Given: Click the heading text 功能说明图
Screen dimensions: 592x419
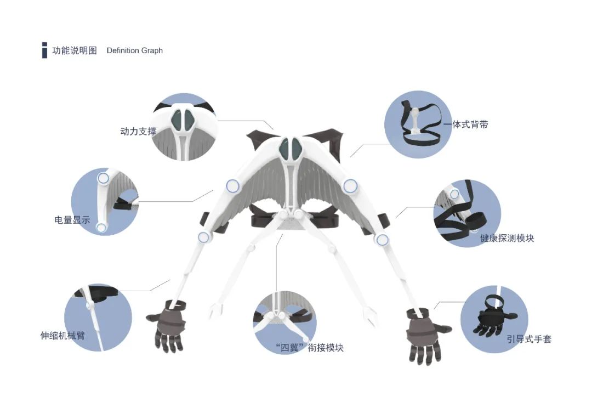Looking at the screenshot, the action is tap(75, 50).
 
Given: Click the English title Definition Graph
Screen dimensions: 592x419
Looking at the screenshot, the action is tap(135, 50).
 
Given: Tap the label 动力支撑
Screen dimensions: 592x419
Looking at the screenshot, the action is tap(138, 132).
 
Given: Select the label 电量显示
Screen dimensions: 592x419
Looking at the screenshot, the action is tap(72, 219).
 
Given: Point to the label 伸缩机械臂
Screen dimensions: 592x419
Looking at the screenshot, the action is tap(62, 336).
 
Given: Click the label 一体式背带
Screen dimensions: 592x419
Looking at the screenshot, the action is tap(465, 124).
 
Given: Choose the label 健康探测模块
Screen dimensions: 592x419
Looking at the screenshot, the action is tap(507, 238).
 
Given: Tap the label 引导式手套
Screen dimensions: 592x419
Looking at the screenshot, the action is tap(529, 339).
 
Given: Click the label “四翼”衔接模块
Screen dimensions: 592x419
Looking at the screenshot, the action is tap(310, 348).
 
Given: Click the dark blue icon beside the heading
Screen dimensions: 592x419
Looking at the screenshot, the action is tap(44, 50).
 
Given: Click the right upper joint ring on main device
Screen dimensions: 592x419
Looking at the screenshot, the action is tap(350, 186).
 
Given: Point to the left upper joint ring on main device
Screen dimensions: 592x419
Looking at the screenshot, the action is tap(233, 186).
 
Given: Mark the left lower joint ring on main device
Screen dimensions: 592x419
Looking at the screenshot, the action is tap(204, 237).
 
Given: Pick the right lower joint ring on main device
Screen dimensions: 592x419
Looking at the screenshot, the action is tap(382, 240).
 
